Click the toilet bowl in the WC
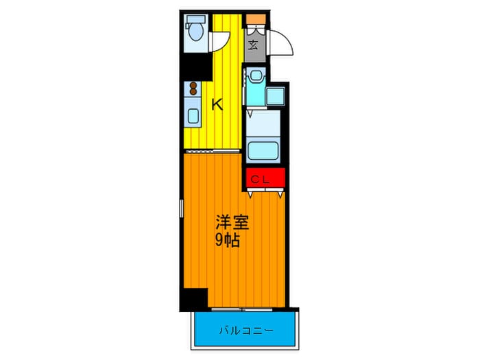pos(195,32)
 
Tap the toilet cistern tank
pos(195,19)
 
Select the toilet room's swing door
pos(219,42)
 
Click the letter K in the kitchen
pos(217,105)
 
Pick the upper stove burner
pos(193,85)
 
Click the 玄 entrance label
pos(253,45)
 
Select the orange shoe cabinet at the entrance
pos(256,19)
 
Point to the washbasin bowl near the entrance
pos(256,75)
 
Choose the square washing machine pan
pos(276,96)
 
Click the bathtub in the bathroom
pos(263,151)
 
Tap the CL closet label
pos(260,180)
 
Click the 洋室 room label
pos(232,223)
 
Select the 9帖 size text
pos(227,241)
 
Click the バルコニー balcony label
pos(246,331)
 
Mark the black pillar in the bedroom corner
pos(194,299)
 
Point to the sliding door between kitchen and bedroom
pos(213,152)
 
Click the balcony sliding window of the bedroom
pos(242,309)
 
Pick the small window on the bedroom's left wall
pos(182,208)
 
